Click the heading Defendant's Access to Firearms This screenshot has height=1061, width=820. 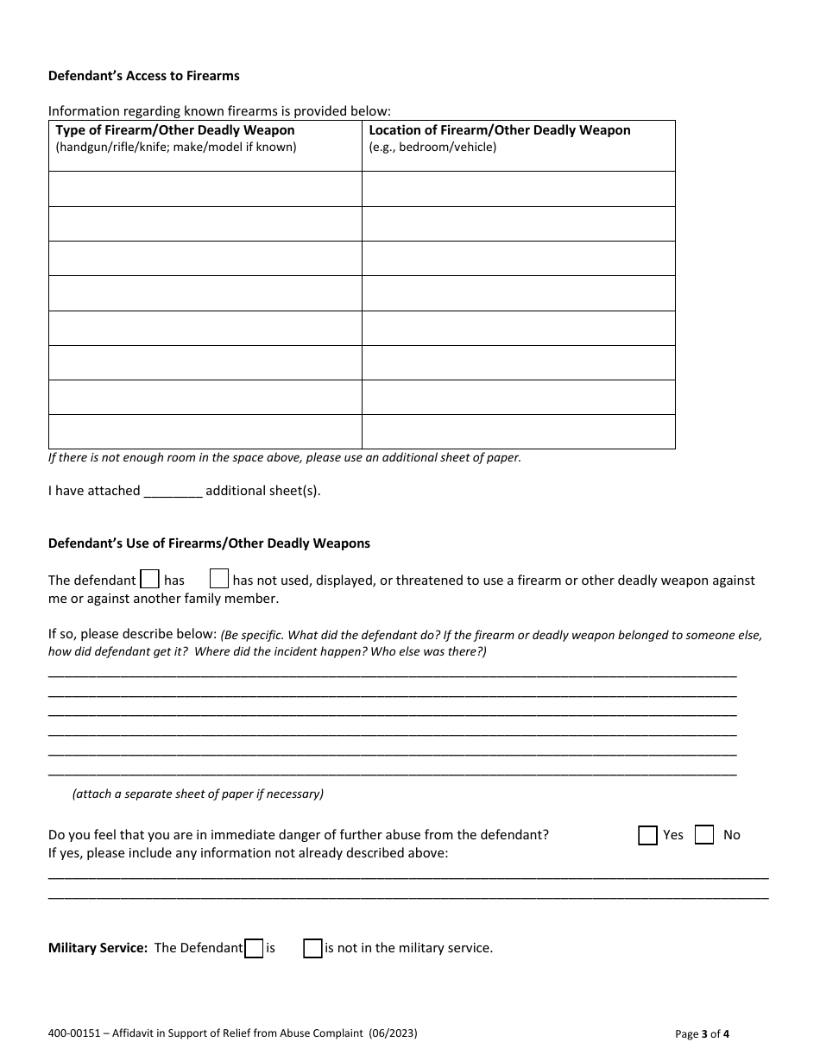(x=143, y=76)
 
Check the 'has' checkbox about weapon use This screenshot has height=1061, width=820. (x=149, y=579)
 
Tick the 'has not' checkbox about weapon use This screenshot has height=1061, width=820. (x=219, y=579)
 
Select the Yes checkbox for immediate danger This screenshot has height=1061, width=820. (x=647, y=835)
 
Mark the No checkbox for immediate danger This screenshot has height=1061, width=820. (x=704, y=835)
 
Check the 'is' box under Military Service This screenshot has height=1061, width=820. (x=254, y=949)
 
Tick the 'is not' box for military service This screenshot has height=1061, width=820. (x=312, y=949)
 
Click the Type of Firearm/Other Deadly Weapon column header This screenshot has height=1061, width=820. (x=175, y=130)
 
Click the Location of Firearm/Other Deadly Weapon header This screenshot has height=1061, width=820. (x=500, y=130)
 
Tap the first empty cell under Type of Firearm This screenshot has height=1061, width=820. (x=205, y=189)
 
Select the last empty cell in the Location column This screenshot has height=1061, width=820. (x=518, y=431)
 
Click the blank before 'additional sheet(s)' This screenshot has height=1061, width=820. (x=173, y=491)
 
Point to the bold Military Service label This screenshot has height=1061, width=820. (x=98, y=948)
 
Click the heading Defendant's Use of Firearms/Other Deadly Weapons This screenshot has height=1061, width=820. (x=209, y=543)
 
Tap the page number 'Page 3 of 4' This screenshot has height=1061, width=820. (x=703, y=1033)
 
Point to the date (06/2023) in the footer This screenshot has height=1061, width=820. (x=398, y=1033)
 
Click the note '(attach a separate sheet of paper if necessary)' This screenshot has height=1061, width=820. (x=198, y=794)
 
